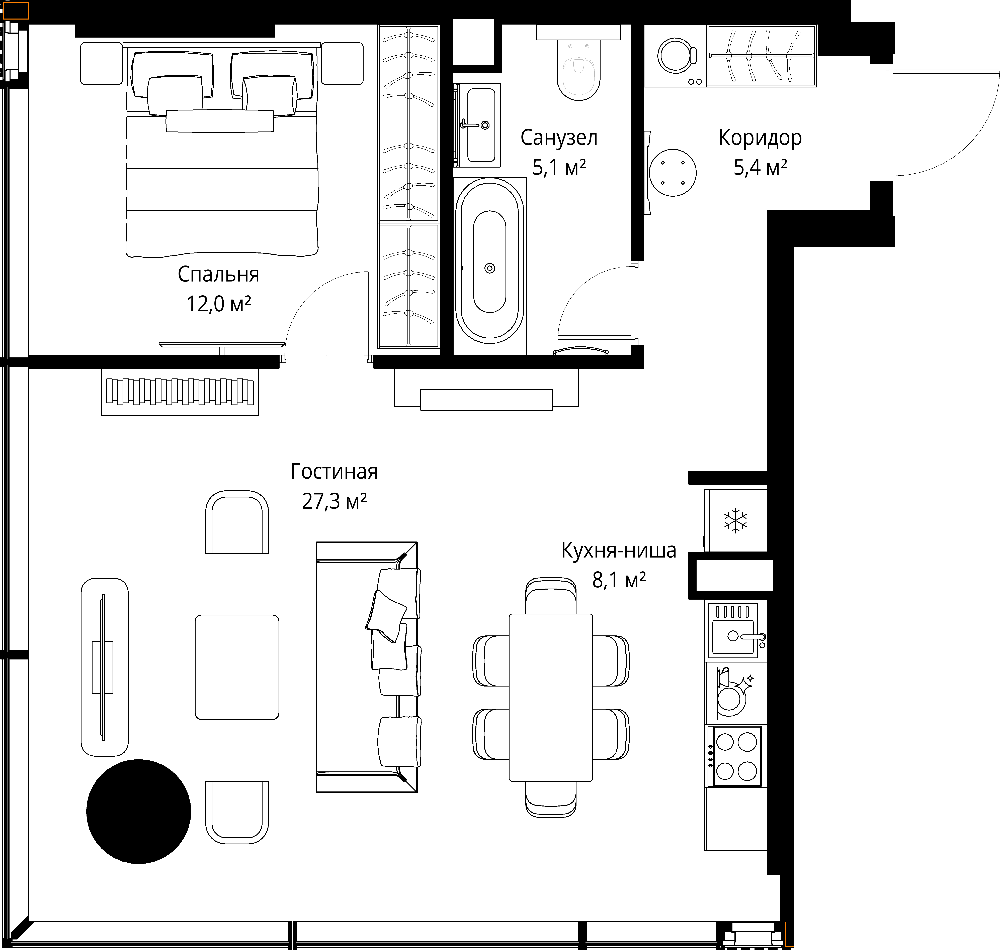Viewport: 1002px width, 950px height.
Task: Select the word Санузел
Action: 559,138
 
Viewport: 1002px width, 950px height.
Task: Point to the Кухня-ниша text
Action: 619,551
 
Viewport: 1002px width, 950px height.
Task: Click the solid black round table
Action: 138,812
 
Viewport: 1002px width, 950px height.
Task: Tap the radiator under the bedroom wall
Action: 180,392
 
